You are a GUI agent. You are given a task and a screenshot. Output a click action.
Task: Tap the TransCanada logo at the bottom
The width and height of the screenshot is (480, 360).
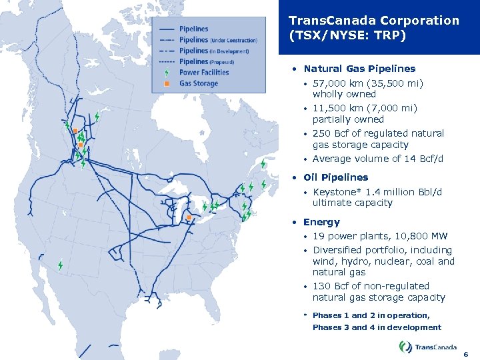[x=427, y=347]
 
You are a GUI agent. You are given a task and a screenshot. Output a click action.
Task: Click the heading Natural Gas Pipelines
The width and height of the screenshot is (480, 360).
[x=359, y=69]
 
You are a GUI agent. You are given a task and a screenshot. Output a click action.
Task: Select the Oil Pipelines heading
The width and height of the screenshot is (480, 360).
[x=335, y=177]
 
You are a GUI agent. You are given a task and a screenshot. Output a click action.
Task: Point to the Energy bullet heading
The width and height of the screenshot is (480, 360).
[x=321, y=222]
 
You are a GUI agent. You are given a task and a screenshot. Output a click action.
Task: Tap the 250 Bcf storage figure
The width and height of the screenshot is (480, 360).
[x=331, y=133]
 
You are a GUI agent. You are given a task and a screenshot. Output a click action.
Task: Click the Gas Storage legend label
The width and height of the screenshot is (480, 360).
[x=198, y=83]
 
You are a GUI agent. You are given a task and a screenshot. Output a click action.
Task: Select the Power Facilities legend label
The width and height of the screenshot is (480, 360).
[x=203, y=72]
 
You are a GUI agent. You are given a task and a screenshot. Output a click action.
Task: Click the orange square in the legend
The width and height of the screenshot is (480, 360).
[x=167, y=83]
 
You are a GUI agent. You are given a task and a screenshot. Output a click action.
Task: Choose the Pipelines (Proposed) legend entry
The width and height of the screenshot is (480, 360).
[x=208, y=61]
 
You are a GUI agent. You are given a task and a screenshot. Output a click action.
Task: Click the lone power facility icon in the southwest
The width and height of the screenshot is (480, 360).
[x=61, y=265]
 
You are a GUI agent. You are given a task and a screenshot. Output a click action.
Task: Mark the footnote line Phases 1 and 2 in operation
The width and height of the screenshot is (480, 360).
[x=371, y=315]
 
